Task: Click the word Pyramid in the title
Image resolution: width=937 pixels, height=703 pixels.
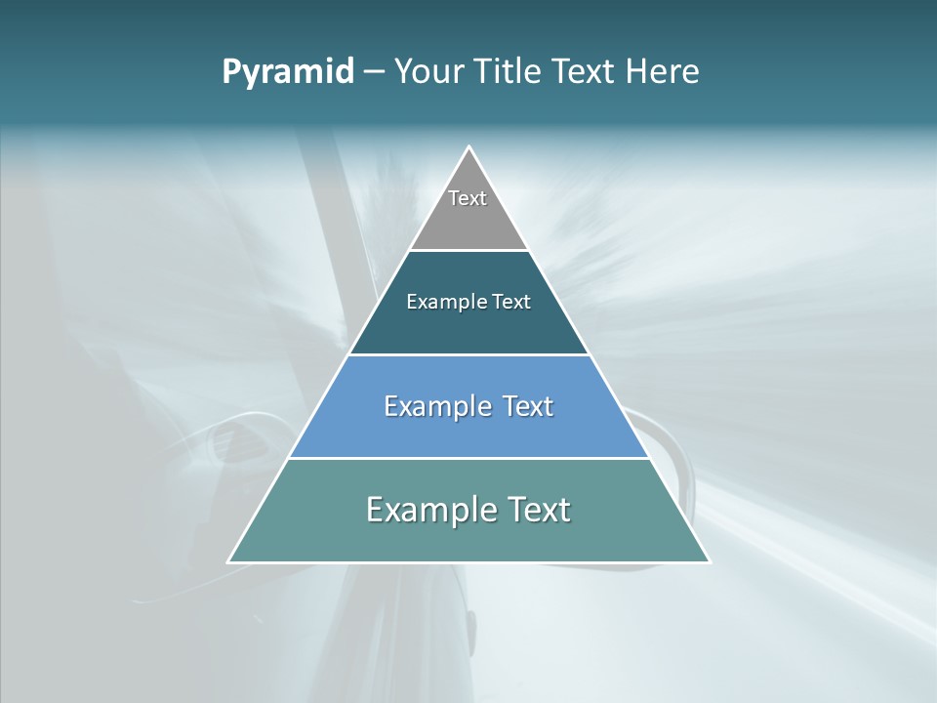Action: click(288, 72)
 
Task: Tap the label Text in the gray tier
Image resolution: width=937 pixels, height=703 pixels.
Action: click(468, 198)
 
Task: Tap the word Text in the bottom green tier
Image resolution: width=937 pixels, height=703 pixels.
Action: click(537, 510)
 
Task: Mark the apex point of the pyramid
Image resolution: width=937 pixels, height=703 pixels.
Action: click(468, 147)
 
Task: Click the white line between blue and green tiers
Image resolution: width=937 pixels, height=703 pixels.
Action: click(468, 458)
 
